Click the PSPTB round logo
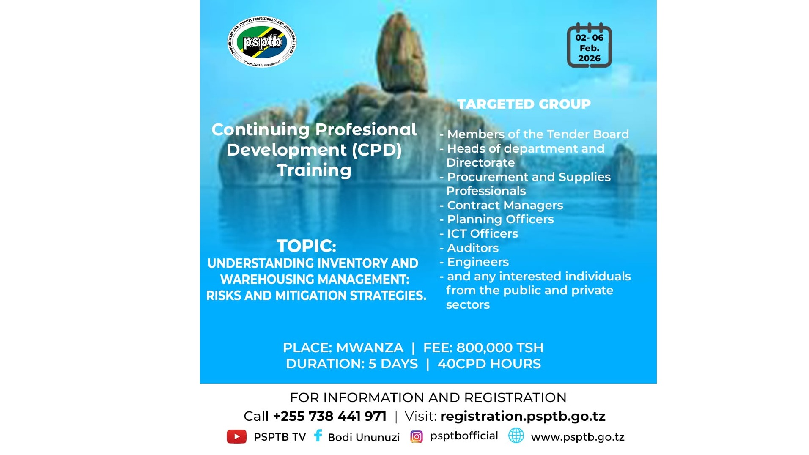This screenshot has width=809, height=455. click(262, 42)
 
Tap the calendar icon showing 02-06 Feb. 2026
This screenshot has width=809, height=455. click(589, 46)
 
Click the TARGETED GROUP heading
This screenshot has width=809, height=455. click(524, 104)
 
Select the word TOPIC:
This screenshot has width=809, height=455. click(306, 246)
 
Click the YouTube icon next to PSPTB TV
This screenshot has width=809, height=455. click(236, 436)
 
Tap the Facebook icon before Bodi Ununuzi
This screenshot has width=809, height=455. click(318, 436)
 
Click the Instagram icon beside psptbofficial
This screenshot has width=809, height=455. click(416, 436)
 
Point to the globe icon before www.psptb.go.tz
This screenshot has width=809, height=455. click(516, 436)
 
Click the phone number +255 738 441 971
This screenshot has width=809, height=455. click(329, 416)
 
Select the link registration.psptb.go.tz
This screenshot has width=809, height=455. click(523, 416)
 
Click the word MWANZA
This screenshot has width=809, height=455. click(370, 348)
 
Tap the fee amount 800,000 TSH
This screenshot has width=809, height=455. click(500, 348)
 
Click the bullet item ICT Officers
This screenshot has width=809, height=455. click(482, 233)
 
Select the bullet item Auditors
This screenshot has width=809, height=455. click(472, 248)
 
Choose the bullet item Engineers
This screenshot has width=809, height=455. click(477, 262)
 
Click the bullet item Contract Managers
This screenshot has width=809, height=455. click(505, 205)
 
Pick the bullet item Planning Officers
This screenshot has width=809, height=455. click(500, 219)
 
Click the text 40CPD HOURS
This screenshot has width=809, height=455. click(489, 364)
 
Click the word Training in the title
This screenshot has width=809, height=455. click(314, 170)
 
